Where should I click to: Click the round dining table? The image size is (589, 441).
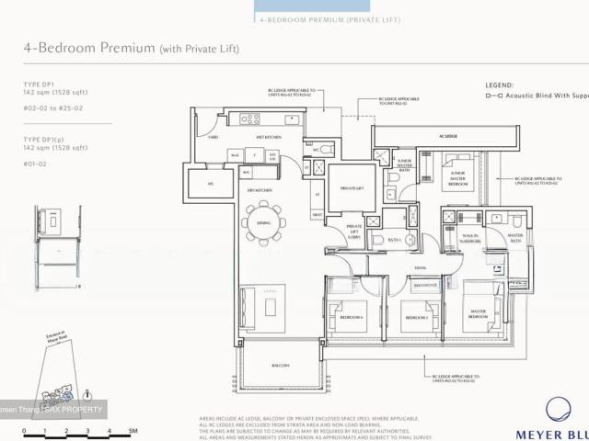pyautogui.click(x=264, y=221)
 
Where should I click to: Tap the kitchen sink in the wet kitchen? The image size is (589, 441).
pyautogui.click(x=292, y=119)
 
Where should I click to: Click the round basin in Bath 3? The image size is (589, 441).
pyautogui.click(x=410, y=241)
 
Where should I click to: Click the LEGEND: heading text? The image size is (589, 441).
pyautogui.click(x=500, y=85)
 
